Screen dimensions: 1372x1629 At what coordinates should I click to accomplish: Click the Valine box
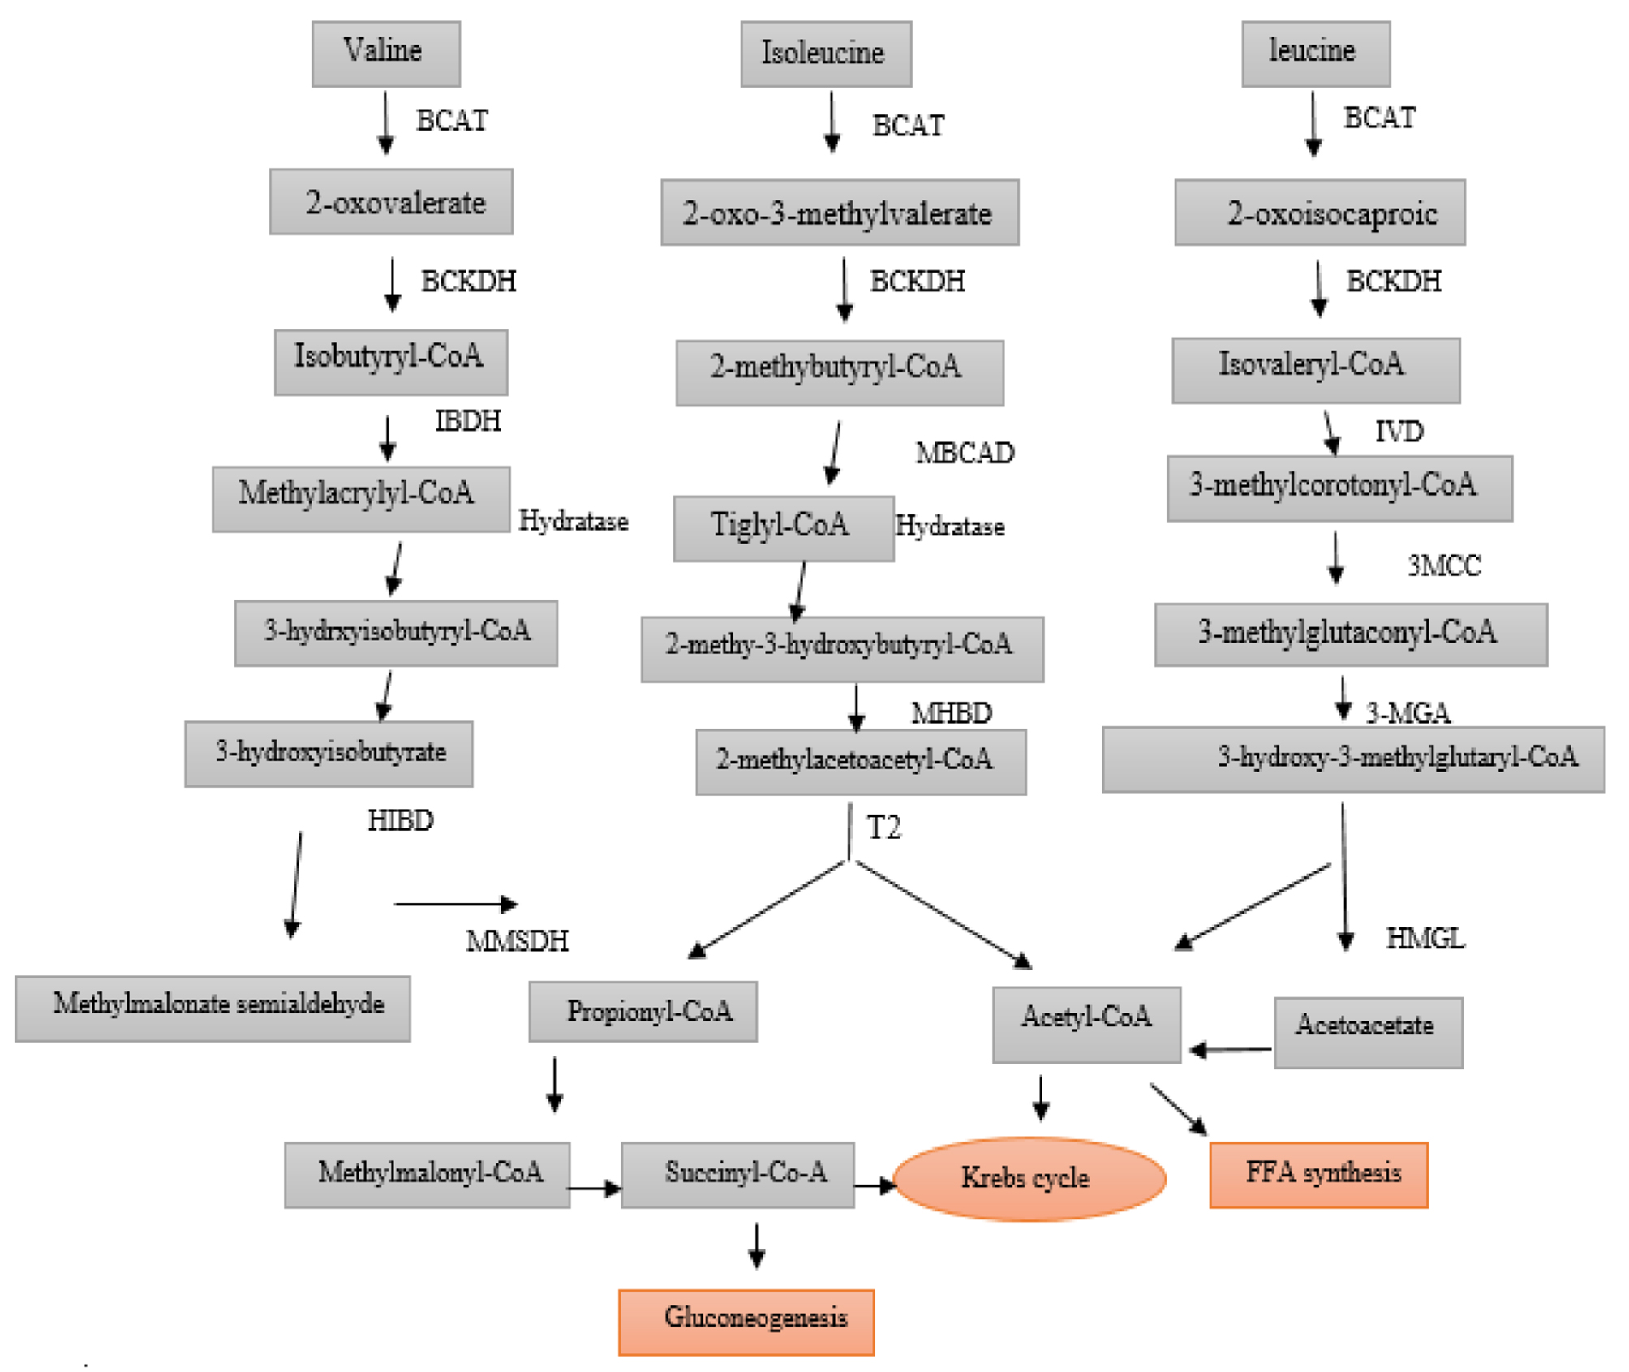386,54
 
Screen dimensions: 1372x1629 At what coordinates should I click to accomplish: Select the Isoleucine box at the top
826,54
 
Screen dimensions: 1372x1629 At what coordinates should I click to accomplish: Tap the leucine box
1316,54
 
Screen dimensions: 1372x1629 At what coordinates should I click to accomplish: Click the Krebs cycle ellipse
1029,1178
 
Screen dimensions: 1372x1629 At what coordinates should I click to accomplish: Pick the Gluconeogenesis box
746,1322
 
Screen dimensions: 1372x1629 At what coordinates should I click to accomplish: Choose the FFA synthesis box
1318,1175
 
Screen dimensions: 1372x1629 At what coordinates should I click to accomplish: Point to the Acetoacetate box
1369,1032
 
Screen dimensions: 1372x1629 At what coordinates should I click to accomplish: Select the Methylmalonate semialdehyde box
213,1008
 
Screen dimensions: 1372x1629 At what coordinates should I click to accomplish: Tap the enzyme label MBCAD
965,453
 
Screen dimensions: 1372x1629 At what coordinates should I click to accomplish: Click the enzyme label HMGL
1425,939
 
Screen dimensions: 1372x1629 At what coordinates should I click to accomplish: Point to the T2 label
883,828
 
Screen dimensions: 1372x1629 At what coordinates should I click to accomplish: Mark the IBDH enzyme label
468,421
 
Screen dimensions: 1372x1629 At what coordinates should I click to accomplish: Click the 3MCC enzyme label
1444,566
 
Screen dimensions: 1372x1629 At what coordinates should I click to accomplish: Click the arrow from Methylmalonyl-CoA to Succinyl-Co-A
595,1189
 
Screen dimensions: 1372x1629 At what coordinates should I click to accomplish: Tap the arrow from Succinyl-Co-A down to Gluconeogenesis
756,1245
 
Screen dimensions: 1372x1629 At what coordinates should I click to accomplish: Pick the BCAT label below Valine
452,120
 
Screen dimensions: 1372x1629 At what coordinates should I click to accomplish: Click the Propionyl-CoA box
643,1011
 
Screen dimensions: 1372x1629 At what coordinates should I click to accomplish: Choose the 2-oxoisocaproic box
1320,213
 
